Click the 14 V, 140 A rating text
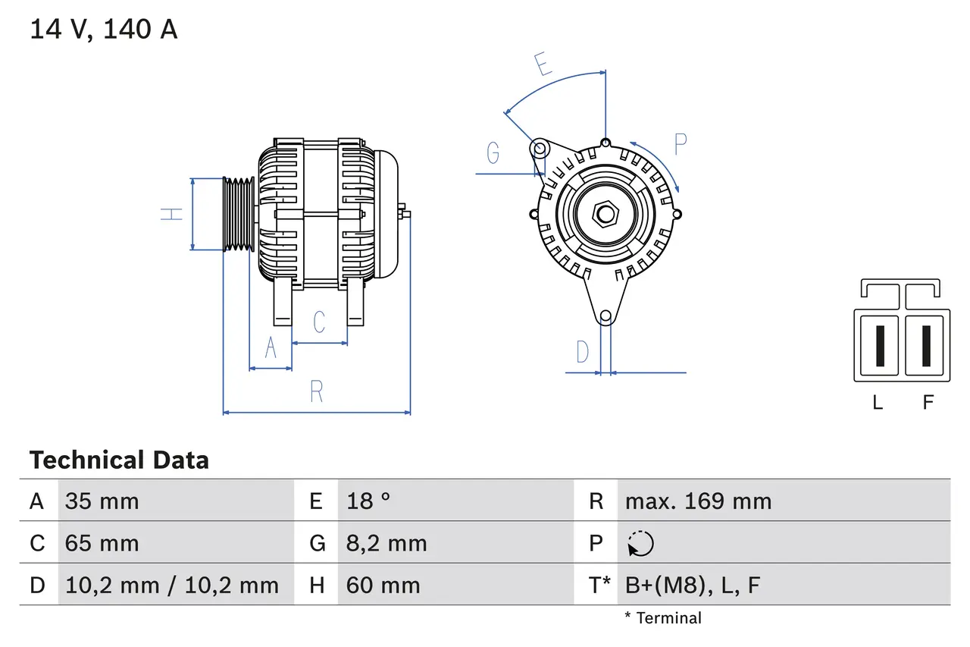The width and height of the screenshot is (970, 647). [x=104, y=30]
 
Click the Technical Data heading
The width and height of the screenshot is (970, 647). [x=119, y=460]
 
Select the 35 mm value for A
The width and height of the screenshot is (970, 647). [x=102, y=501]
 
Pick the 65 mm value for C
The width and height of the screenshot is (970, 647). [x=102, y=543]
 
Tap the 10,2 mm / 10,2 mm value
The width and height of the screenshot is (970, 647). [x=172, y=585]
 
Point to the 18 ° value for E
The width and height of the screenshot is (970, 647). [x=368, y=501]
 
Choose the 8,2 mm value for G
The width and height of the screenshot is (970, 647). [x=386, y=543]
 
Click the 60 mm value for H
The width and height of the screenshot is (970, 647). [x=383, y=585]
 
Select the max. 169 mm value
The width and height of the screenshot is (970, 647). [x=698, y=501]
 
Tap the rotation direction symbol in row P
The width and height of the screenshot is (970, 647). [x=640, y=543]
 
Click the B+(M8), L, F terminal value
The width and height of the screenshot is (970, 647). [x=692, y=585]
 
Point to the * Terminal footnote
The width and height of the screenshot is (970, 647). [x=663, y=618]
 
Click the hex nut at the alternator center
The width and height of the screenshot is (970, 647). [x=605, y=214]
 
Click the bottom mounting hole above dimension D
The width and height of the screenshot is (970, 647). [x=605, y=316]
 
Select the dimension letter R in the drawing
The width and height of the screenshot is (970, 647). [x=317, y=392]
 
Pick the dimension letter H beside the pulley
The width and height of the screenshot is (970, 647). [x=174, y=214]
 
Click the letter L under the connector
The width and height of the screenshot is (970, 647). [x=878, y=403]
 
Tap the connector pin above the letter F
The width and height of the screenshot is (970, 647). [x=927, y=345]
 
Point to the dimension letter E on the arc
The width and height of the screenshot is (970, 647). [x=543, y=65]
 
